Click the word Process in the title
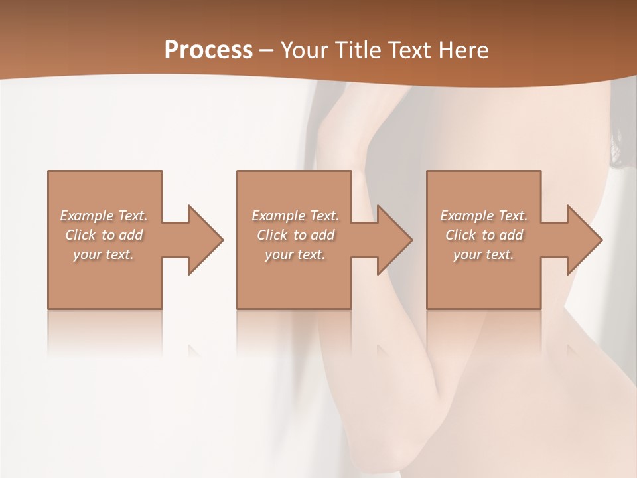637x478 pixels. point(208,50)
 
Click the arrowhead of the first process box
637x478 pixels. point(205,240)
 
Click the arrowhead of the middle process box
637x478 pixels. point(394,240)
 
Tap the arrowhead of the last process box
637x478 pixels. point(584,240)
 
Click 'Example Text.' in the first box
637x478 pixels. point(104,216)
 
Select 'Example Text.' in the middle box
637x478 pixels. point(295,216)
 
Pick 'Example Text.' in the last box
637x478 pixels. point(484,216)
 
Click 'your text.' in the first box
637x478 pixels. point(104,254)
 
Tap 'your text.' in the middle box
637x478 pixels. point(295,254)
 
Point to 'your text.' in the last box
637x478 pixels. point(484,254)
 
